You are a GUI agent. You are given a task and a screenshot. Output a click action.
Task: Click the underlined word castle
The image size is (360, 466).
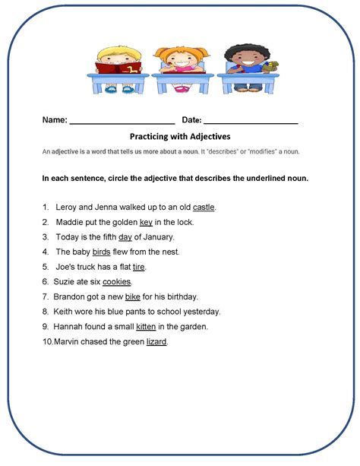coord(204,207)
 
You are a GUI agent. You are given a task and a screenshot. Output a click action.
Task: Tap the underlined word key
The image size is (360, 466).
coord(146,222)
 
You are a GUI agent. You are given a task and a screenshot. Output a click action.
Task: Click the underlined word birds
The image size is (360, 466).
coord(102,252)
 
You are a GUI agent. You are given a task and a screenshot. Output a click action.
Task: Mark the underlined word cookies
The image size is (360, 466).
coord(117,281)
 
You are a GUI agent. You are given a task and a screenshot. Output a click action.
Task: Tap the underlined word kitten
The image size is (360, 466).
coord(147,326)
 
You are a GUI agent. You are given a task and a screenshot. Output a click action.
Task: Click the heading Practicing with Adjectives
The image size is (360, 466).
coord(180,137)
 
